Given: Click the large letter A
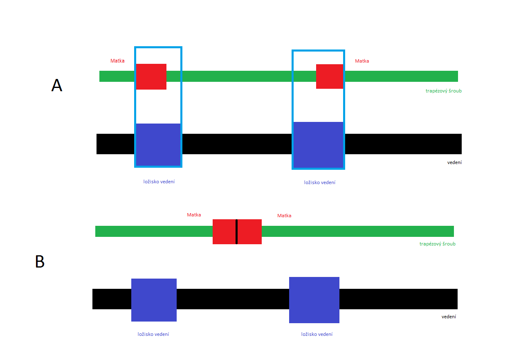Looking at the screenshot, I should click(57, 85).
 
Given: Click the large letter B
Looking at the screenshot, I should click(40, 261).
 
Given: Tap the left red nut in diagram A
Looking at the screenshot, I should click(151, 76).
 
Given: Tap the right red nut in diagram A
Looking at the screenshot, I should click(330, 76).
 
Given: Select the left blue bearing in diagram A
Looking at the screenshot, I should click(158, 144).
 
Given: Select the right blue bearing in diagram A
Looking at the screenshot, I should click(318, 145).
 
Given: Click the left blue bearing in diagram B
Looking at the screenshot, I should click(154, 300).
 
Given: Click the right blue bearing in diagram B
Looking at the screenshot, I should click(314, 300).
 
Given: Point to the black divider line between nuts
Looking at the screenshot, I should click(236, 232).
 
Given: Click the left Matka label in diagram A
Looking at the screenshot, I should click(117, 61).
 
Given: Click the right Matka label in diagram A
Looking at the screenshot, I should click(362, 61).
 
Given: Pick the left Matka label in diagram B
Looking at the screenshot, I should click(194, 215).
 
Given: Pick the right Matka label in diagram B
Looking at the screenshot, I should click(284, 216).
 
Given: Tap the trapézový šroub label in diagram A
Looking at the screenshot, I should click(444, 91).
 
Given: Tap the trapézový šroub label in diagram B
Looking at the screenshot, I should click(438, 244).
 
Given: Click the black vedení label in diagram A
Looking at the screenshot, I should click(454, 162).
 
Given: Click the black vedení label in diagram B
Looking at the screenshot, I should click(449, 317).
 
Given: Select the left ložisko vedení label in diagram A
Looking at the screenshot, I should click(159, 182).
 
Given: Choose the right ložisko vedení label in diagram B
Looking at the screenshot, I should click(317, 334).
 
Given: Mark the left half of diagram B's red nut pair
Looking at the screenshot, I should click(224, 232).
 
